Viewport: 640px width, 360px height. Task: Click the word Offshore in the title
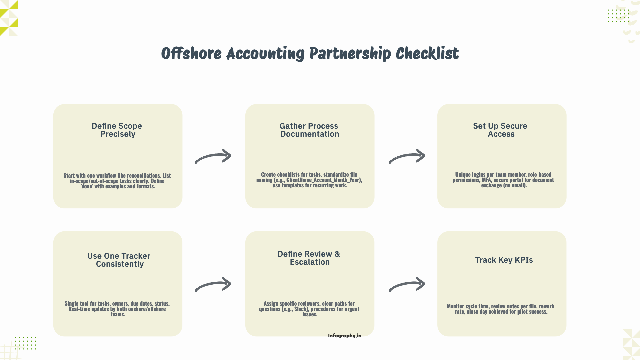tap(191, 54)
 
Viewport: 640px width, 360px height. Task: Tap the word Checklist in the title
tap(427, 54)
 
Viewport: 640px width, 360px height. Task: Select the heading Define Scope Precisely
tap(117, 130)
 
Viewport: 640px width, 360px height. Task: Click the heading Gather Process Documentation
tap(309, 130)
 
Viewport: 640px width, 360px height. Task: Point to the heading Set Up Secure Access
tap(500, 130)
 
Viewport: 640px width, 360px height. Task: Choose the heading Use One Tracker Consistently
tap(119, 260)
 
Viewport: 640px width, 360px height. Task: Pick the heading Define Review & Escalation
tap(309, 258)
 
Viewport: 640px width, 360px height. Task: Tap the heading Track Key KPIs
tap(504, 260)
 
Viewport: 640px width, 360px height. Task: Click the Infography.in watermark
tap(344, 336)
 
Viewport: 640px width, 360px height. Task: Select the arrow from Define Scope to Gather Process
tap(213, 156)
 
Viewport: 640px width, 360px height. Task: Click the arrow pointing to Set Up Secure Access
tap(407, 156)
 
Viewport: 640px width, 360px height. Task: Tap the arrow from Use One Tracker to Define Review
tap(213, 284)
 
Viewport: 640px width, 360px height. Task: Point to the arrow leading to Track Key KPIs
tap(407, 284)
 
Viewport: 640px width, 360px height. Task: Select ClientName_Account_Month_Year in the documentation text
tap(323, 180)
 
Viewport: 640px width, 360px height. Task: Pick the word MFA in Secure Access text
tap(486, 180)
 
